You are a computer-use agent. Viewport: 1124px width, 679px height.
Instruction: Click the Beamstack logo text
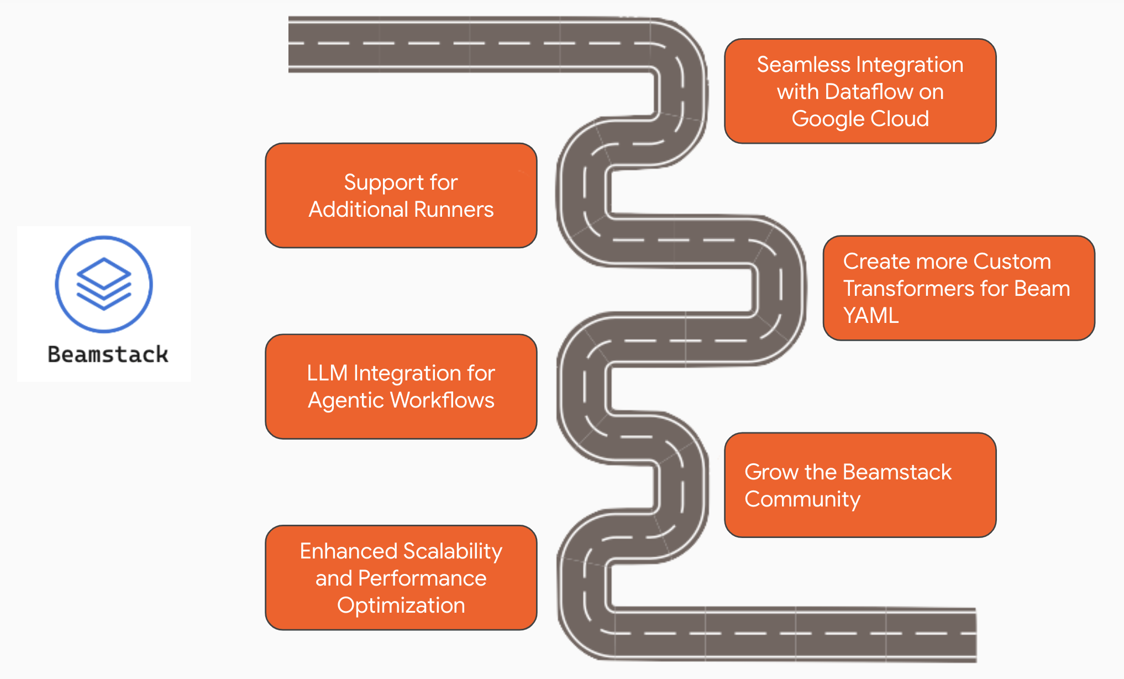point(108,354)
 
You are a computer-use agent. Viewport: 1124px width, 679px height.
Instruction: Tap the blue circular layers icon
point(104,284)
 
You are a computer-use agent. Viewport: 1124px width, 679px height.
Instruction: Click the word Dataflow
point(868,92)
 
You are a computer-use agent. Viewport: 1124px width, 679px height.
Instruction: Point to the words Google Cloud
point(860,119)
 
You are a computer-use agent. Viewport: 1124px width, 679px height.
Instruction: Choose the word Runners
point(454,210)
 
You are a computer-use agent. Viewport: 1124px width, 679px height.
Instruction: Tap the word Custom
point(1012,262)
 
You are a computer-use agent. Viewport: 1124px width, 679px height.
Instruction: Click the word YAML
point(871,316)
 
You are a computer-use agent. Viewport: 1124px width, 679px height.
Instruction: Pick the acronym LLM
point(327,373)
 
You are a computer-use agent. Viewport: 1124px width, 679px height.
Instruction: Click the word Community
point(802,500)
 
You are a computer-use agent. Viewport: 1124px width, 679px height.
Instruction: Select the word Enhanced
point(349,551)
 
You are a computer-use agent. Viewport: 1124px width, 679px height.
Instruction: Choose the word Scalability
point(453,552)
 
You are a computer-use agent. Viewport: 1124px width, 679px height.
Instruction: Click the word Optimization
point(401,605)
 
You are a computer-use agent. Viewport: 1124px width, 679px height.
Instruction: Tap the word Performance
point(422,578)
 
